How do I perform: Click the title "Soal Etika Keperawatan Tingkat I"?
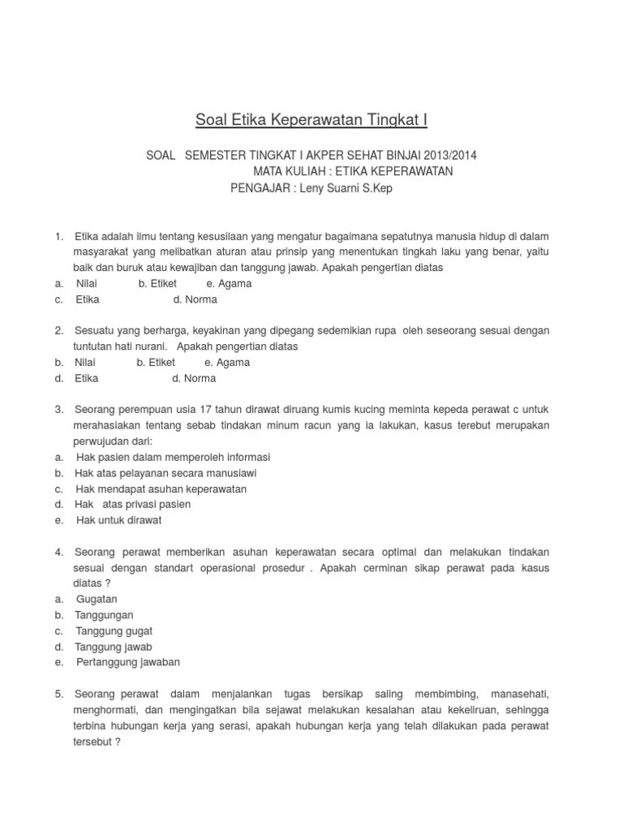click(x=311, y=121)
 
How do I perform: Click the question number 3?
click(x=59, y=410)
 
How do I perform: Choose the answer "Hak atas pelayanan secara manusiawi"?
click(x=165, y=473)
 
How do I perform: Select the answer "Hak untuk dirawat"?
click(x=118, y=520)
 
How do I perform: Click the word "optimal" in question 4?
click(x=391, y=552)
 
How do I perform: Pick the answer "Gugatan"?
click(x=97, y=599)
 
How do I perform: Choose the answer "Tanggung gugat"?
click(x=114, y=631)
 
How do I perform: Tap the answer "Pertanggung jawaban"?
click(x=128, y=662)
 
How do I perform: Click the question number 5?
click(x=59, y=694)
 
